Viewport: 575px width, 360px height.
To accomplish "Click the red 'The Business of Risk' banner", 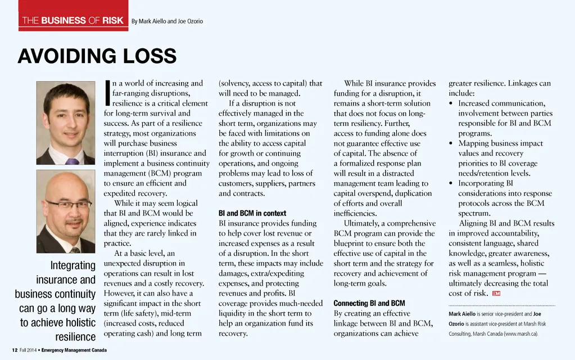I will (x=73, y=21).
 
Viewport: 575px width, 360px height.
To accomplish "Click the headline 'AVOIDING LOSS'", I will (x=97, y=56).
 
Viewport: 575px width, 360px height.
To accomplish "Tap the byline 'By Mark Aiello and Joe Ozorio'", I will (x=167, y=21).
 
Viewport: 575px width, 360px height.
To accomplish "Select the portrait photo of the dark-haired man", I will (x=66, y=123).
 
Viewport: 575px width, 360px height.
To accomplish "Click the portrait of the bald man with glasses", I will (x=66, y=211).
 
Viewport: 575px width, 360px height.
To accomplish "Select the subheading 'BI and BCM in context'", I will (x=252, y=213).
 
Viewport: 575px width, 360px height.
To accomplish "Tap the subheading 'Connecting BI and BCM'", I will (x=369, y=303).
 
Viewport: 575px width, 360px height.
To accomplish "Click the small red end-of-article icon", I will (x=496, y=294).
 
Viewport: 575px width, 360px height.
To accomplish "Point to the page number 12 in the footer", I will (x=15, y=351).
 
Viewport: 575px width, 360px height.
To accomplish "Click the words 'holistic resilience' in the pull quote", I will (x=67, y=330).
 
